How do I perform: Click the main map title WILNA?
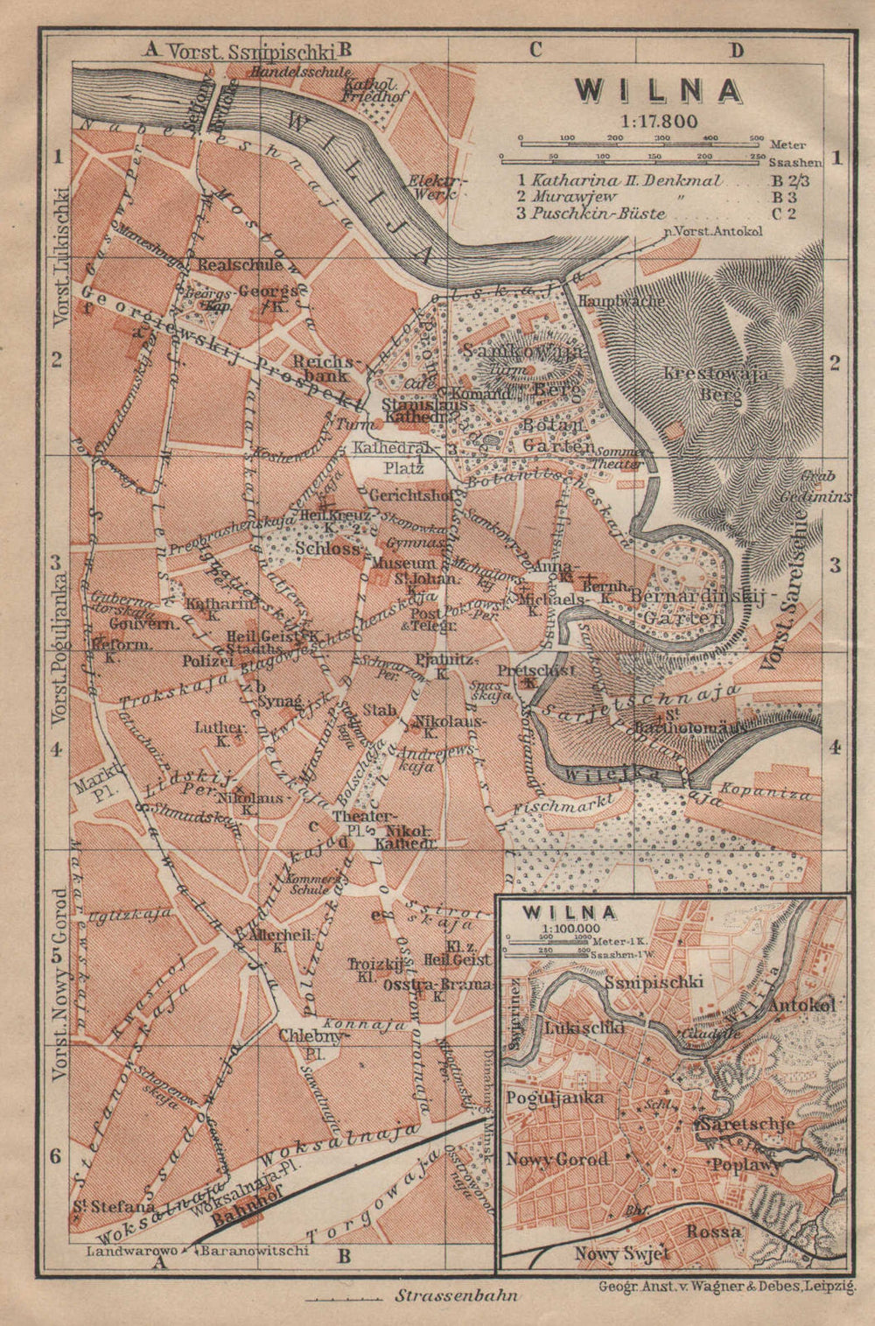coord(658,91)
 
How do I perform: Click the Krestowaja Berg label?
coord(715,383)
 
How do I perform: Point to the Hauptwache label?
coord(620,300)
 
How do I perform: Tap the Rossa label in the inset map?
coord(713,1231)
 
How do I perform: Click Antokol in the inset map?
coord(801,1004)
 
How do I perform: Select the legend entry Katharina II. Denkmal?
coord(626,181)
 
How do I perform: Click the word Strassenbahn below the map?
coord(456,1294)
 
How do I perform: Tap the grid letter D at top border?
coord(736,51)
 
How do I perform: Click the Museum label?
coord(402,564)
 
